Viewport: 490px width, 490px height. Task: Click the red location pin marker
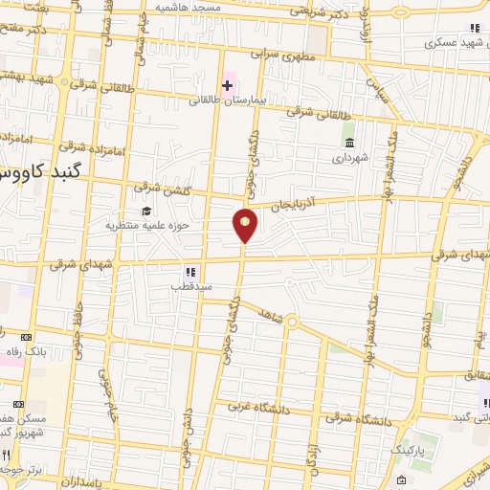[x=246, y=224]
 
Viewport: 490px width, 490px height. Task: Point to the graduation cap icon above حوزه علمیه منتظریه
[x=145, y=212]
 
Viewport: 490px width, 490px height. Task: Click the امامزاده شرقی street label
[x=85, y=148]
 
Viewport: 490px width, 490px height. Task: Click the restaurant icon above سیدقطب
[x=190, y=272]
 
